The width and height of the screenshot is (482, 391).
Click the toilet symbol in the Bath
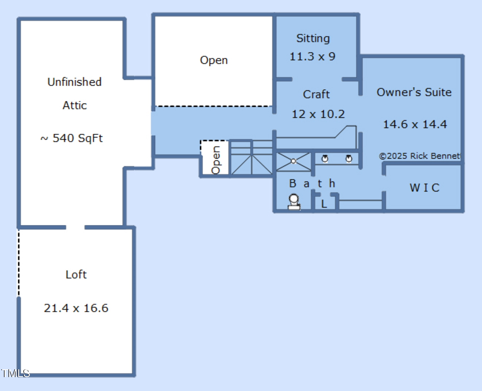click(294, 202)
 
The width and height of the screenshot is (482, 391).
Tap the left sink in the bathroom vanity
click(325, 159)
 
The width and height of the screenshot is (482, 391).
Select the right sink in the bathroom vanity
click(349, 159)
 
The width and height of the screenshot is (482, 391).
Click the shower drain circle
click(293, 161)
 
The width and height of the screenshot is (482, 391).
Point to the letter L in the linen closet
click(324, 204)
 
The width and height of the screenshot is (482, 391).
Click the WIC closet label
click(424, 188)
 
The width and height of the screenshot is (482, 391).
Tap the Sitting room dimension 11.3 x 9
click(312, 56)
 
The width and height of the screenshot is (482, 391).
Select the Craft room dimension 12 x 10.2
click(318, 114)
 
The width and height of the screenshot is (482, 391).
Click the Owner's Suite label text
click(414, 92)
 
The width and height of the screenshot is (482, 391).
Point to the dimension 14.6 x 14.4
click(415, 124)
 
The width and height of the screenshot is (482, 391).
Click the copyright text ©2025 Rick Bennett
click(420, 156)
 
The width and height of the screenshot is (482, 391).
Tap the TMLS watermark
click(15, 373)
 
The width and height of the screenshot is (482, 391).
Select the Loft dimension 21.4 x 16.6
click(76, 308)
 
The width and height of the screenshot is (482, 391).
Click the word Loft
click(76, 274)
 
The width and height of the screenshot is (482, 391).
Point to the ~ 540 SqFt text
click(72, 138)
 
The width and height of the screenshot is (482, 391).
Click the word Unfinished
click(74, 82)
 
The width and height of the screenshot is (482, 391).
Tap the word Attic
click(75, 105)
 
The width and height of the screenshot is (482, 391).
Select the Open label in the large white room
click(214, 60)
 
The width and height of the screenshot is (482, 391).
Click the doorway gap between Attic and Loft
click(75, 227)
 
